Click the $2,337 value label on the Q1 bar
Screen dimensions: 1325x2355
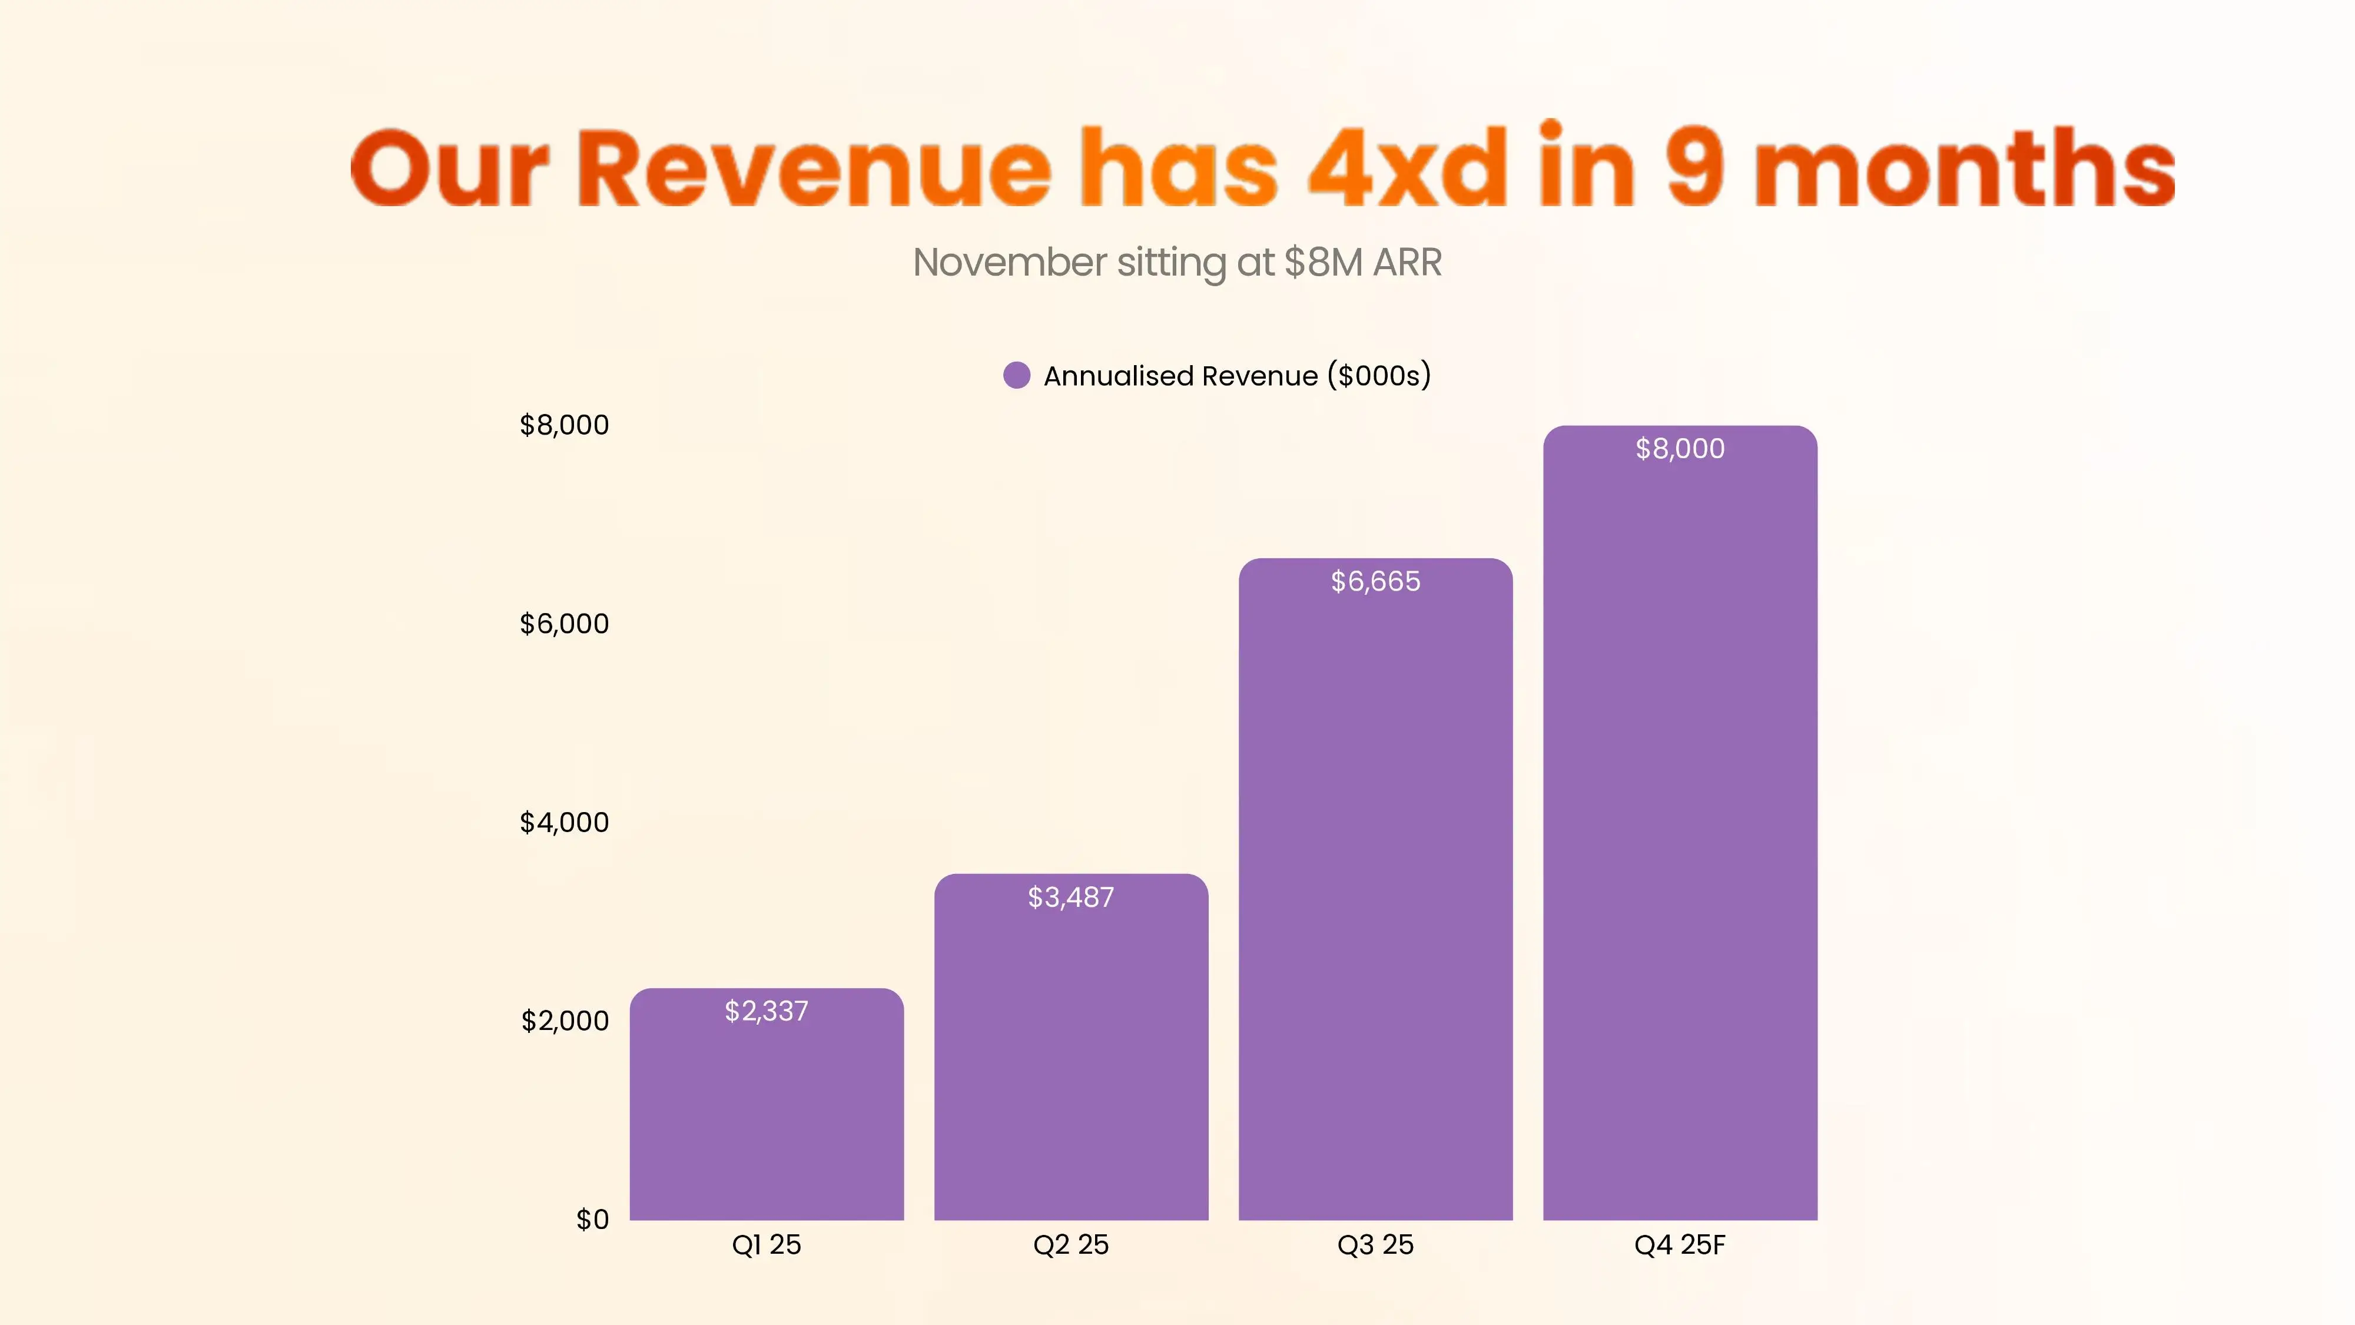(x=766, y=1011)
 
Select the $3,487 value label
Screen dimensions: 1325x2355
(x=1070, y=897)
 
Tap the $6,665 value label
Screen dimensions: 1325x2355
(x=1375, y=582)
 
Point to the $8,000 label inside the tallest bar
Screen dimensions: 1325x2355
(x=1679, y=449)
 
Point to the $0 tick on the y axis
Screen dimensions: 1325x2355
(x=592, y=1219)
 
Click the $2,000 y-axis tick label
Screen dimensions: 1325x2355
(x=565, y=1021)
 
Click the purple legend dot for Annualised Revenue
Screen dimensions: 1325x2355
(x=1017, y=375)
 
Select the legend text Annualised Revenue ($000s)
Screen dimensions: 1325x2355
(x=1237, y=376)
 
